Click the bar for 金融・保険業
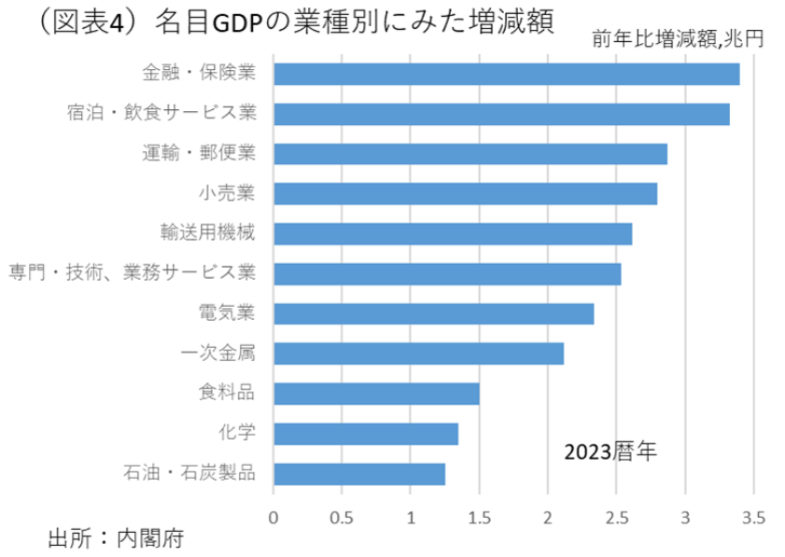(x=506, y=74)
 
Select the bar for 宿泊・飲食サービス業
(x=501, y=114)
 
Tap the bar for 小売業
(x=465, y=193)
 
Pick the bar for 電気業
(x=433, y=313)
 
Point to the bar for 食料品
(x=376, y=393)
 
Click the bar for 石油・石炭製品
(x=359, y=474)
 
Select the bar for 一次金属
(x=418, y=354)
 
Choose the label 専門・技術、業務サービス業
(x=132, y=272)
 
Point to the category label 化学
(x=236, y=433)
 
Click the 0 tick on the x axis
(x=273, y=516)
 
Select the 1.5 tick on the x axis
(x=479, y=516)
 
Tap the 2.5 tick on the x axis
(x=616, y=516)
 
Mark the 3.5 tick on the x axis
(x=753, y=516)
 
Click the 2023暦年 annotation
(x=610, y=453)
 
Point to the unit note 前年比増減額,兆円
(x=678, y=40)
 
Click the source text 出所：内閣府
(x=116, y=538)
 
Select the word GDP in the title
(x=242, y=22)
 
